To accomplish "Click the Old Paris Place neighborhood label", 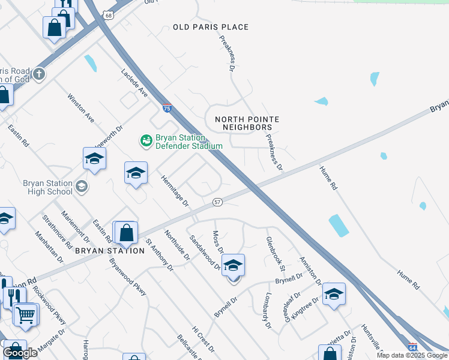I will pos(210,27).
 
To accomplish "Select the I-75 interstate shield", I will pos(166,109).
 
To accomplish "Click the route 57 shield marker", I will pos(217,202).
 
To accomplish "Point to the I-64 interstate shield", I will pos(412,347).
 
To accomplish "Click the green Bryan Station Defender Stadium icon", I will pos(145,141).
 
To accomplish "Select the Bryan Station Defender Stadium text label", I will pos(189,141).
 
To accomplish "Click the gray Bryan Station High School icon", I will pos(81,187).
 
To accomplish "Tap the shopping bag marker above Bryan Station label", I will pos(126,232).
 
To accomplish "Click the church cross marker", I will pos(39,74).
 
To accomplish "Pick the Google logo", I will pos(20,353).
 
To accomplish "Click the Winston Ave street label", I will pos(81,108).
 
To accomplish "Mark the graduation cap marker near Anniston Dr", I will pos(334,293).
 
